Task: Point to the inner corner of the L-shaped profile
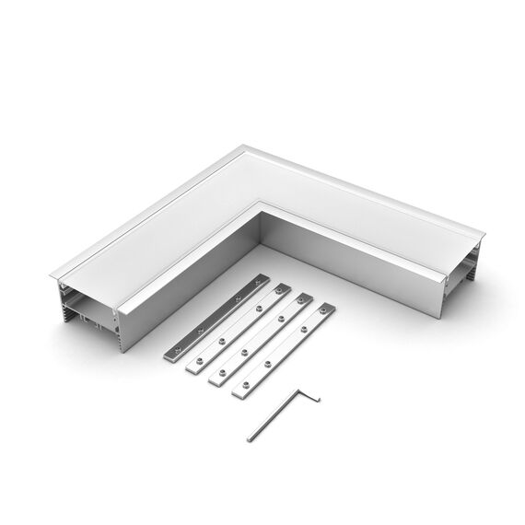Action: tap(261, 214)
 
